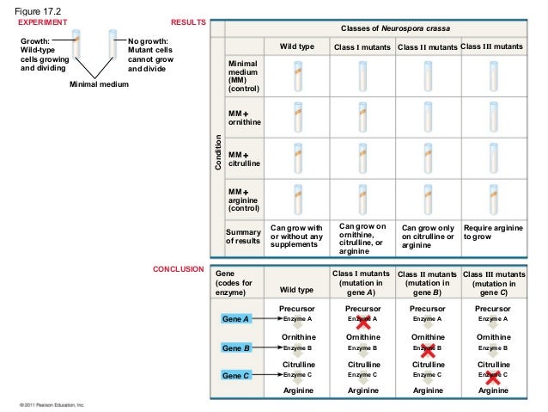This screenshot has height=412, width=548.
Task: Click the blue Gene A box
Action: coord(236,319)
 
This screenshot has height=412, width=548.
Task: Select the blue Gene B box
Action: coord(236,348)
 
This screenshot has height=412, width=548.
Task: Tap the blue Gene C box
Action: coord(236,376)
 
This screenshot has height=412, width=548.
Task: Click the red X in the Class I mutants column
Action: coord(362,322)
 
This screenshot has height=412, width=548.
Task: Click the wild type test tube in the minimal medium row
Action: coord(296,76)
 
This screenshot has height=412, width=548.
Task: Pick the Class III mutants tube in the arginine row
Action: coord(493,199)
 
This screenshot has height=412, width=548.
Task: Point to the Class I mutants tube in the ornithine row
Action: coord(362,116)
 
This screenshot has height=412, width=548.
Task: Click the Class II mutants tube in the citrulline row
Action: coord(427,157)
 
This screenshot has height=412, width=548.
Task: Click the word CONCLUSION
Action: coord(178,269)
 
